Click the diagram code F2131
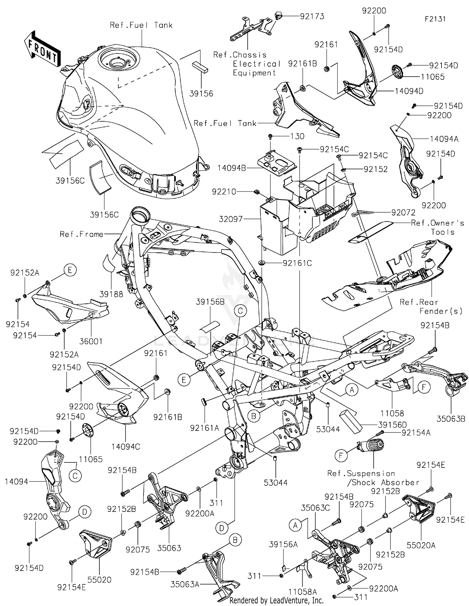tap(435, 19)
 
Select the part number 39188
tap(111, 294)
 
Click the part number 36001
tap(91, 341)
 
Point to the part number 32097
tap(231, 219)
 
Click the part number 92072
tap(403, 213)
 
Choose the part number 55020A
tap(421, 545)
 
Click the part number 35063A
tap(185, 584)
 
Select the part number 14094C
tap(126, 447)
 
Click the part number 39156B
tap(210, 302)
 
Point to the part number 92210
tap(224, 192)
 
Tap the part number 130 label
tap(297, 136)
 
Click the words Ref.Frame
tap(81, 234)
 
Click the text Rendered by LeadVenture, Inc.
tap(276, 600)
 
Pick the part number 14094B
tap(232, 168)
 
